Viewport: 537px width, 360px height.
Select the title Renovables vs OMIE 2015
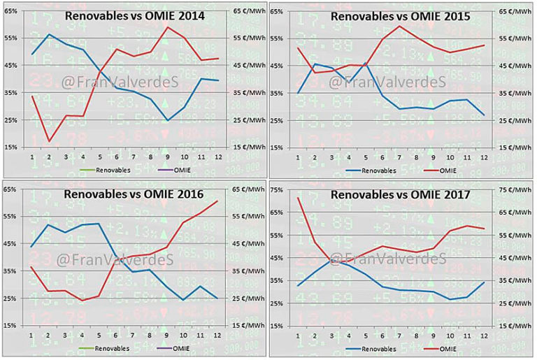401,15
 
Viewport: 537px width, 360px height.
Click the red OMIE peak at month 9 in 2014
168,27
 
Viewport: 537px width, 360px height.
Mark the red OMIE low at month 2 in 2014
49,141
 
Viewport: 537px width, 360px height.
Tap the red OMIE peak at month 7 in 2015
399,26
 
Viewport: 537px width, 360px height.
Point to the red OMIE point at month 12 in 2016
217,201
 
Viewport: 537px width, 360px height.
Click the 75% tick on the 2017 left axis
275,189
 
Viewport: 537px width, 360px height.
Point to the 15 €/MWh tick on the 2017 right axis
514,326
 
